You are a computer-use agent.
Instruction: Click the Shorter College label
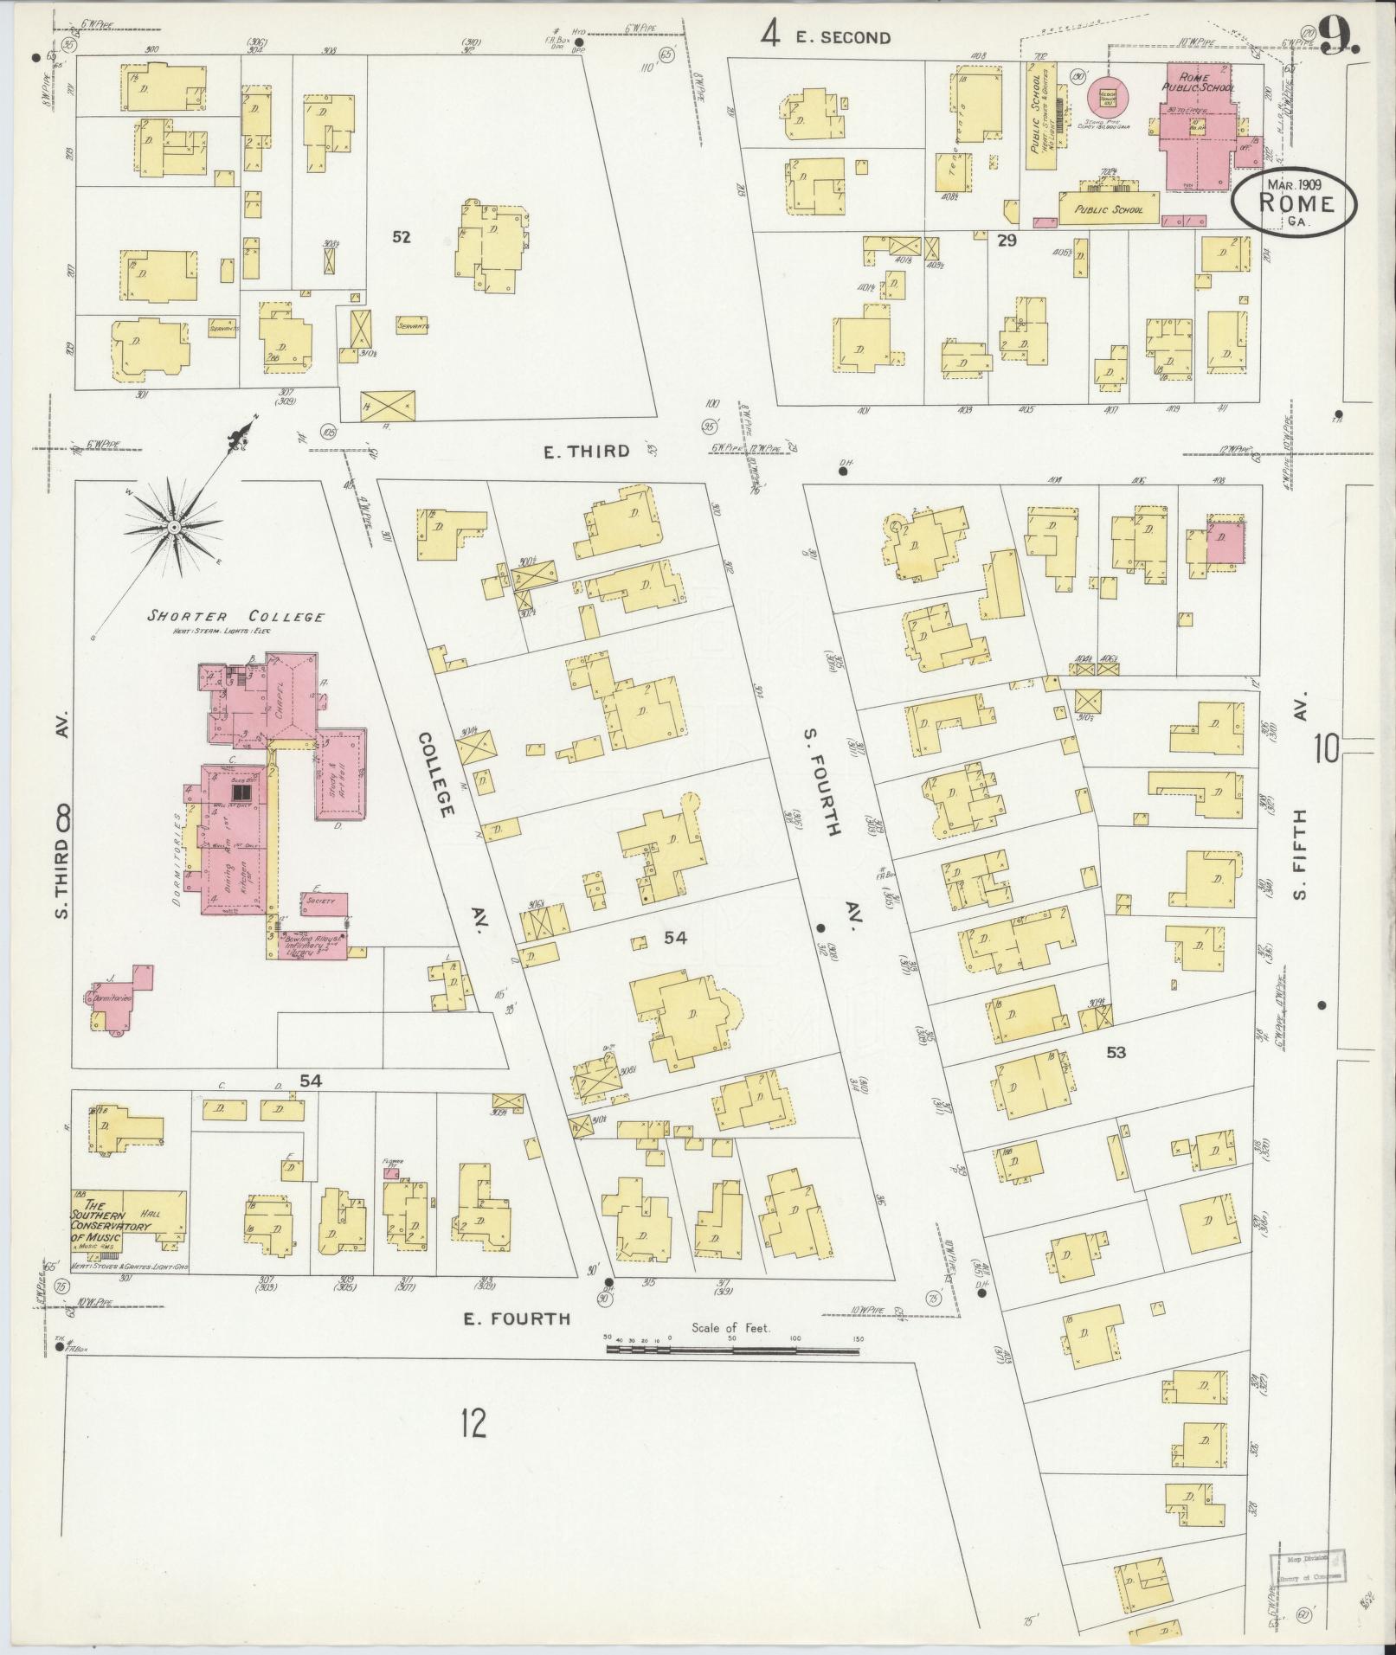click(x=235, y=617)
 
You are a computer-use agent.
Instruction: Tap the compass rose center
click(x=174, y=527)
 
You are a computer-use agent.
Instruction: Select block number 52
click(x=401, y=237)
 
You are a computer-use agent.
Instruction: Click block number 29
click(x=1006, y=241)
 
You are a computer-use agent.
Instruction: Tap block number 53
click(x=1116, y=1053)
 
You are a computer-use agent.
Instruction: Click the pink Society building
click(x=324, y=901)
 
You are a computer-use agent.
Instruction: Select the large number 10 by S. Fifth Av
click(x=1326, y=748)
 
